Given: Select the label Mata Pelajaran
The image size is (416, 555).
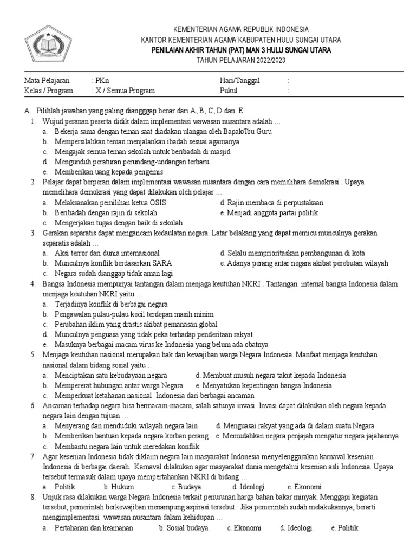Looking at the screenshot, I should [x=47, y=80].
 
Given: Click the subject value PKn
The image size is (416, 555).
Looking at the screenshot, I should [x=101, y=80].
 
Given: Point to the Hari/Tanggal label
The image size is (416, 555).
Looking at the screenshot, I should [x=239, y=80].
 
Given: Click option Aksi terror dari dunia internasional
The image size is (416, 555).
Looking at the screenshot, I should [x=107, y=253].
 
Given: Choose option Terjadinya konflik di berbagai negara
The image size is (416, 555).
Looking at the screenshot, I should [x=111, y=304].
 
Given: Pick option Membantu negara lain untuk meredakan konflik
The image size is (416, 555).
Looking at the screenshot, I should [x=127, y=446].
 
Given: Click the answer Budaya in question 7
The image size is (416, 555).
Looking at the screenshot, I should [x=189, y=486].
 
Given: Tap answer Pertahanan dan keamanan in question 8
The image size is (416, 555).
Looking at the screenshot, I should [x=93, y=527].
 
